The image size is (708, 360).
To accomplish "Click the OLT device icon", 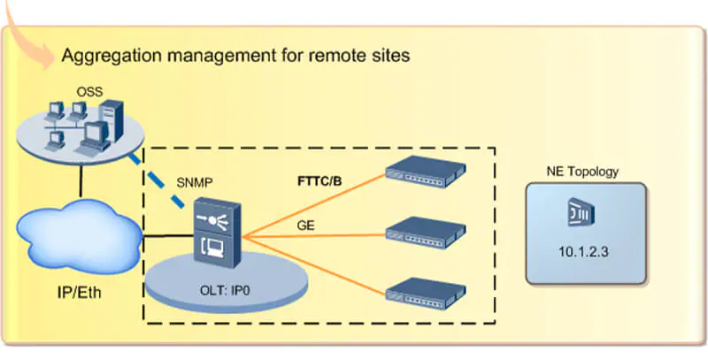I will click(216, 233).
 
